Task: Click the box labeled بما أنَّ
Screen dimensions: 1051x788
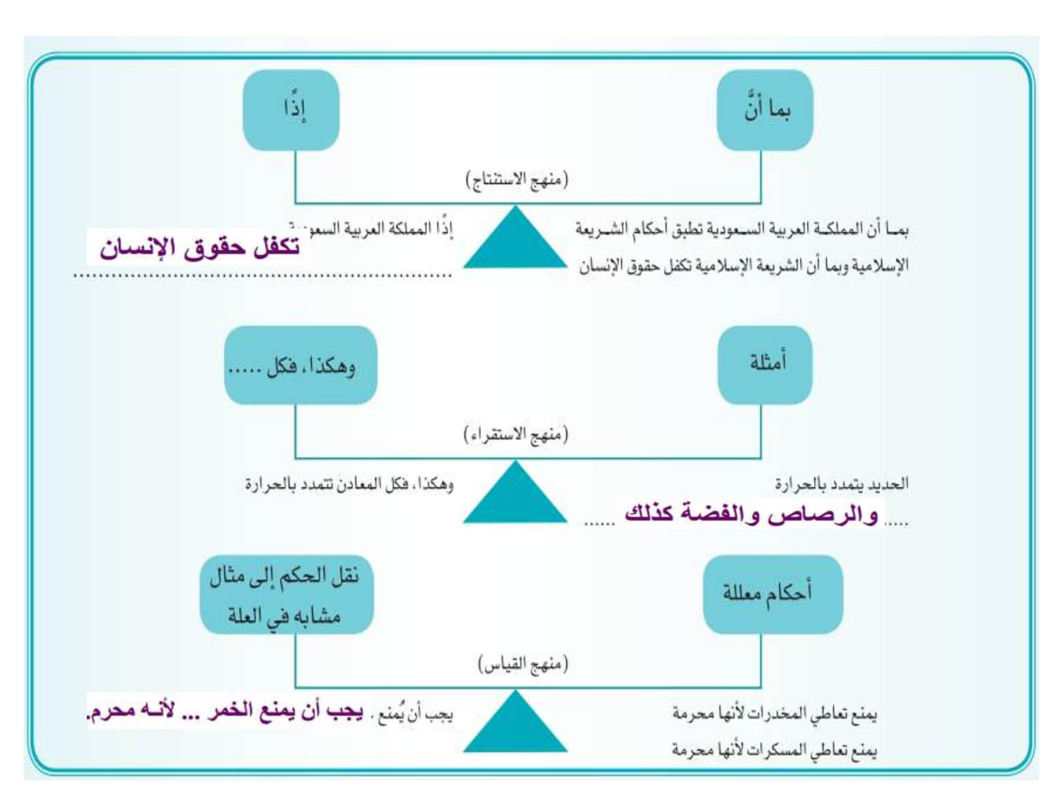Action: [x=765, y=110]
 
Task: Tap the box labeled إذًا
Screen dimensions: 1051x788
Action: [x=291, y=110]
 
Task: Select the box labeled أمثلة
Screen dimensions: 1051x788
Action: [x=765, y=364]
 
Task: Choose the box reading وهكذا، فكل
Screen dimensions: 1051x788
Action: [x=301, y=365]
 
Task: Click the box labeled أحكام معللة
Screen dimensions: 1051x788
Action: [x=772, y=595]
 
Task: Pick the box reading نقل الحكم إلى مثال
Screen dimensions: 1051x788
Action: [x=286, y=595]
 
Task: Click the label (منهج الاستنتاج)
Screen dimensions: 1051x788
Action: [x=517, y=180]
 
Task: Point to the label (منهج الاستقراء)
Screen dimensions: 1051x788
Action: [x=516, y=435]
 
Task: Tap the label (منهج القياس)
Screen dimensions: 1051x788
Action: [x=523, y=663]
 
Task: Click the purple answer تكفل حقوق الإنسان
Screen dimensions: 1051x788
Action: [x=200, y=247]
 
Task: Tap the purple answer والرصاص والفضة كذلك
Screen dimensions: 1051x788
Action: [x=751, y=514]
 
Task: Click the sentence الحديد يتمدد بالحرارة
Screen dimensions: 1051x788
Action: [x=841, y=484]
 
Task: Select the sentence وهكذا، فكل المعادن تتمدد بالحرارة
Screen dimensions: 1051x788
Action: [x=349, y=484]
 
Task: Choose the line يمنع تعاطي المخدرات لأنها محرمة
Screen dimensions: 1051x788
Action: [x=774, y=714]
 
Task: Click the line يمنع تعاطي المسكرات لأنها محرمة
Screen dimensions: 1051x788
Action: [x=774, y=750]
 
